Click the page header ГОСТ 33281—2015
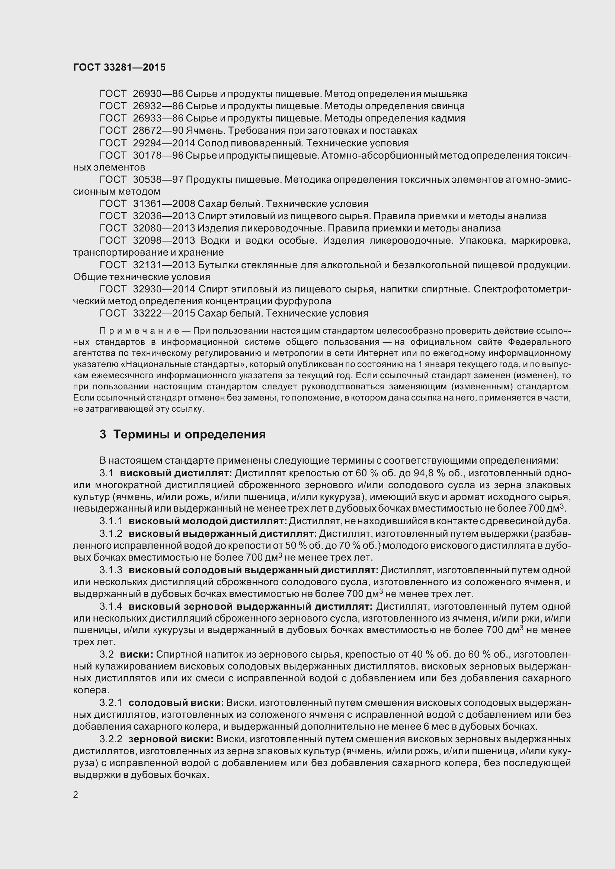[119, 67]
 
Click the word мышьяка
[445, 94]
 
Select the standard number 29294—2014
[164, 143]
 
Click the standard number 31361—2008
[164, 204]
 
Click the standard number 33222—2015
[164, 314]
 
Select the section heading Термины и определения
[189, 435]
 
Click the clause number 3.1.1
[111, 521]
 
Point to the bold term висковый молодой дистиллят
[208, 521]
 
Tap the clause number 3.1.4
[111, 606]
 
